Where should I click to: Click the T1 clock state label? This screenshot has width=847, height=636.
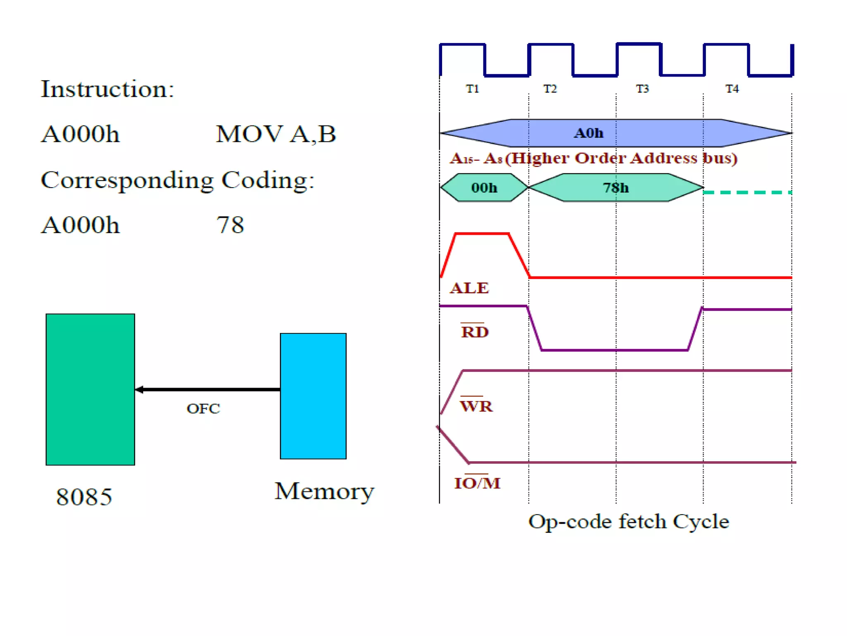point(472,89)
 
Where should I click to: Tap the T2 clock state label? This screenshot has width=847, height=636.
point(550,89)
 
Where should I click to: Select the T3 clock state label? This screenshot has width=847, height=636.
point(642,89)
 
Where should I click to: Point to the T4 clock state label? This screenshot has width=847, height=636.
point(732,89)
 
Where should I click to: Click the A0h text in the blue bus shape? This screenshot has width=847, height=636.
point(588,133)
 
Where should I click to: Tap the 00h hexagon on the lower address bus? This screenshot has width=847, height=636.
point(484,188)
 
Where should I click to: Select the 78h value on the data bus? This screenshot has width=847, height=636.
point(615,188)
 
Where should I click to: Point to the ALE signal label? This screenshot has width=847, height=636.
point(469,288)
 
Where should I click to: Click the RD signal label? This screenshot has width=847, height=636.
point(474,332)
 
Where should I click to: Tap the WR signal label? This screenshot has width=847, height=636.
point(476,406)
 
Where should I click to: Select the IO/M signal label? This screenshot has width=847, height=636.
point(477,483)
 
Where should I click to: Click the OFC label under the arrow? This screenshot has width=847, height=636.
point(203,409)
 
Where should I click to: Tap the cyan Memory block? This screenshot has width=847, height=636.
point(313,396)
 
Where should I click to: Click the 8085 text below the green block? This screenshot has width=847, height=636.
point(84,497)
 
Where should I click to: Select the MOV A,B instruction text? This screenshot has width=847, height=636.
point(276,134)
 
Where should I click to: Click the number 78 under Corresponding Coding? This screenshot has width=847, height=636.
point(230,225)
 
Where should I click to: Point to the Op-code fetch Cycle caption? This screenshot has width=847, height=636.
point(628,522)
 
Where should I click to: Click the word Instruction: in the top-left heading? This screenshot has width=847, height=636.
point(108,89)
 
